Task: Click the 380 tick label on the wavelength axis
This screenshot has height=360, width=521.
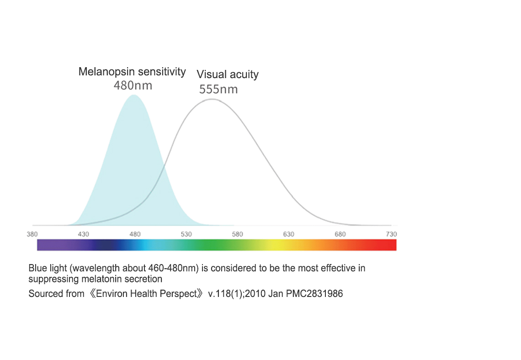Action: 32,234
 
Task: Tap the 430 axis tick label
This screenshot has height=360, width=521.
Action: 83,234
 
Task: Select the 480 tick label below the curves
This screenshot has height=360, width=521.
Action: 135,234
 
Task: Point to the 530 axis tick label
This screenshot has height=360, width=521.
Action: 186,234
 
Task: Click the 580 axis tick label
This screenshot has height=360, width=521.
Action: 237,234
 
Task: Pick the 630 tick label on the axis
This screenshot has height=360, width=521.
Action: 288,234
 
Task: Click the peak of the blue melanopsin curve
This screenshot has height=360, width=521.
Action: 133,95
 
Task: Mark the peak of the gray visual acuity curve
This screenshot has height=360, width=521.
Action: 212,99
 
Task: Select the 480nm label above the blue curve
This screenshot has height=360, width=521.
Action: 133,85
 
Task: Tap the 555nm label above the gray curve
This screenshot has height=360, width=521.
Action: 218,89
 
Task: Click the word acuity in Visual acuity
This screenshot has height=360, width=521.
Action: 243,74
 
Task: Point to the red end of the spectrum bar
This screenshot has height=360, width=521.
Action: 391,245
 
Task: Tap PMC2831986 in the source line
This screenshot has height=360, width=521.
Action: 314,294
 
